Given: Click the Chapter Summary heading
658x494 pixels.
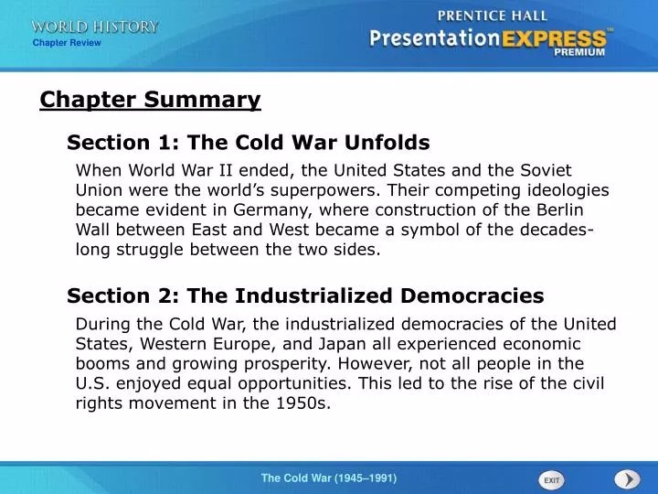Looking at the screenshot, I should tap(150, 100).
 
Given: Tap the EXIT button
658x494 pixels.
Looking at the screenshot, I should tap(551, 479).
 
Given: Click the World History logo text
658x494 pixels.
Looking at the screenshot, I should tap(94, 27).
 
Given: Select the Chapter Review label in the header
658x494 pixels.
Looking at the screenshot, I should tap(67, 43).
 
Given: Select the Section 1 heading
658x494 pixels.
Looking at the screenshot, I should tap(248, 143).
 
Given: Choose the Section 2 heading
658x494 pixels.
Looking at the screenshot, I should tap(304, 295).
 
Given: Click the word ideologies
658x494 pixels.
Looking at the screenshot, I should tap(566, 189).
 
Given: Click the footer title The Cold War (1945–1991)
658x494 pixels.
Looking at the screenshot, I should tap(329, 478).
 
